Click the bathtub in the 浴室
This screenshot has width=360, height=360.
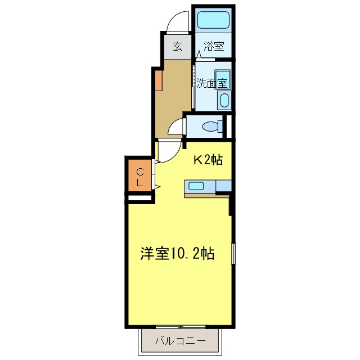[x=213, y=21]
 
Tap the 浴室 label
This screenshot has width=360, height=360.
[x=213, y=46]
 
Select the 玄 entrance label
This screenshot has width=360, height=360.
[x=177, y=46]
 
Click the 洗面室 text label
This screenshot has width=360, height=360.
[x=211, y=83]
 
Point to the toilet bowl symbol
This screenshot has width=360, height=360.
[x=212, y=127]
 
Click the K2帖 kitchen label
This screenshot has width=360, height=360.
[x=208, y=160]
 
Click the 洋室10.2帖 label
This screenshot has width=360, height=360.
[x=177, y=254]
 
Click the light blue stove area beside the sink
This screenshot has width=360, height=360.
[x=223, y=186]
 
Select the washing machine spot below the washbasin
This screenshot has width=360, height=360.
[x=223, y=101]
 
